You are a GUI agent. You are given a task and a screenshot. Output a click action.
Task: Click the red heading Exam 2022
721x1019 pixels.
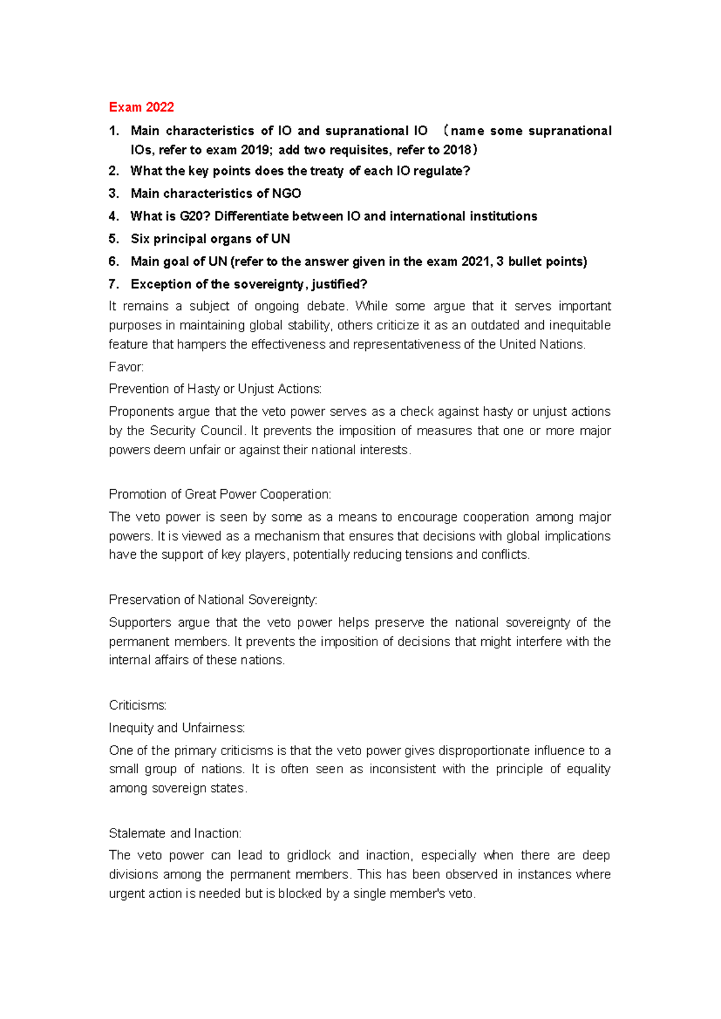(x=141, y=108)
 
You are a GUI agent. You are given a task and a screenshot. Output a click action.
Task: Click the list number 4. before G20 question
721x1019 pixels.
(x=114, y=216)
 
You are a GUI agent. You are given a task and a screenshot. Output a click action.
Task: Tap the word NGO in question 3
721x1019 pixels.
(x=287, y=193)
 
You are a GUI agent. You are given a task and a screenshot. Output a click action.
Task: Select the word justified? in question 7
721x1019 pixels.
(x=339, y=284)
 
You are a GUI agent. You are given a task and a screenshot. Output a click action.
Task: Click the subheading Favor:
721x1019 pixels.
(x=126, y=367)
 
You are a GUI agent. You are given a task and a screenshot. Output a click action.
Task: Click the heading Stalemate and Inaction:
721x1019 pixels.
(x=175, y=833)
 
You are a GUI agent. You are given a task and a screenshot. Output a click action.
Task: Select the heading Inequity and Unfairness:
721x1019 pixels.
(x=177, y=728)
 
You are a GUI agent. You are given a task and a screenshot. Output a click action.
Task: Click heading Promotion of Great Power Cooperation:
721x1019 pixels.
(x=220, y=494)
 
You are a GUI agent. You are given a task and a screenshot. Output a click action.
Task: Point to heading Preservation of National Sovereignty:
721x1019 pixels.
(x=213, y=600)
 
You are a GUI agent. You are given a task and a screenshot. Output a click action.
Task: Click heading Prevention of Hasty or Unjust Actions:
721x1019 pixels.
(x=215, y=389)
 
